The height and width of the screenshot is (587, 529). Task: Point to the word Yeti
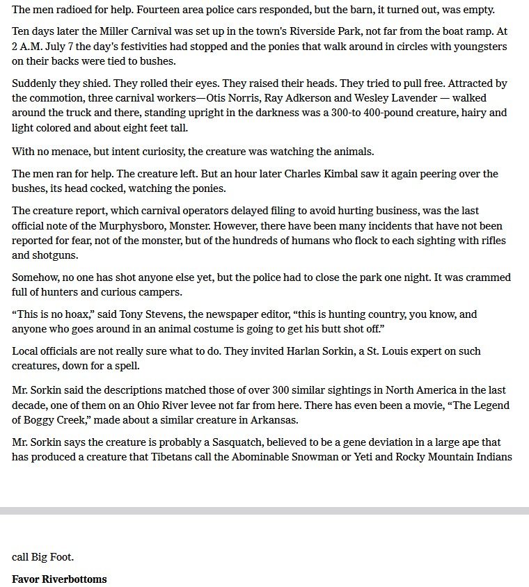(338, 457)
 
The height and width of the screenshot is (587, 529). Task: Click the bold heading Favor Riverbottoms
(59, 579)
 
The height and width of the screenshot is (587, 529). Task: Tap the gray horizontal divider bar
(264, 511)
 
